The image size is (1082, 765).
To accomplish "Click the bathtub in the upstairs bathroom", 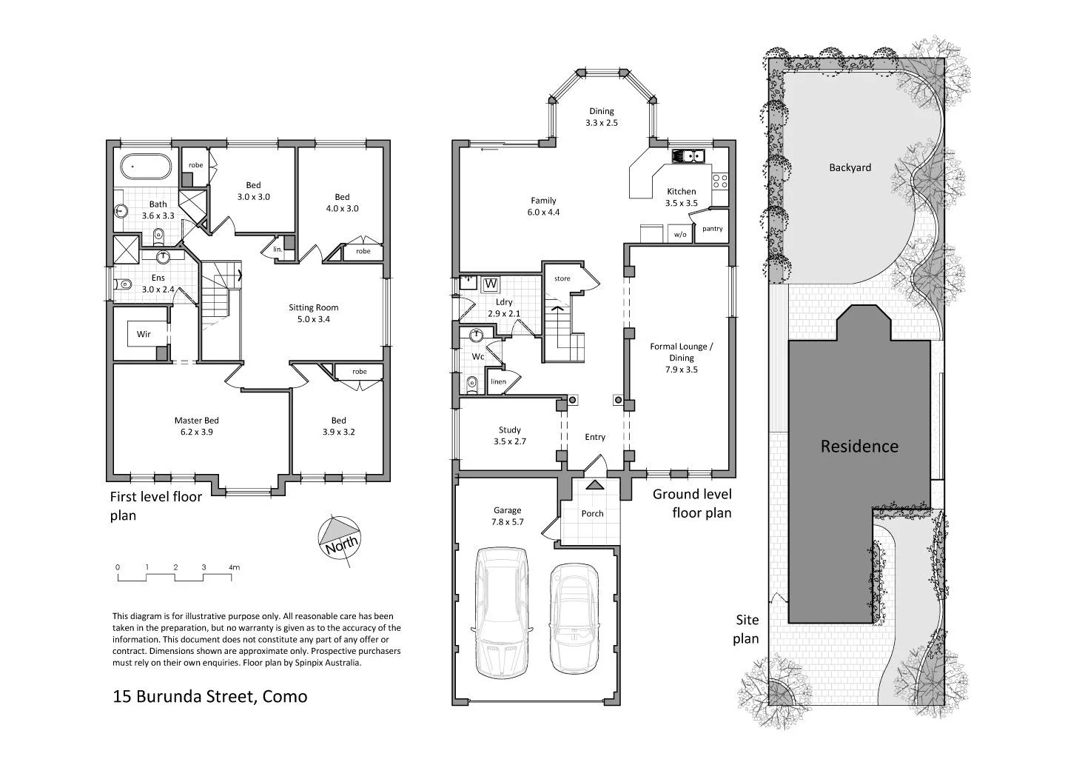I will (147, 167).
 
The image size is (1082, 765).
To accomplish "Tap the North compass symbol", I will (339, 536).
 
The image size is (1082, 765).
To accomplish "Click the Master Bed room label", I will (196, 426).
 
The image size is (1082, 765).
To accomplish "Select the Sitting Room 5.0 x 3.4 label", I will (314, 313).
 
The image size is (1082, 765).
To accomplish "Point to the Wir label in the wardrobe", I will (144, 334).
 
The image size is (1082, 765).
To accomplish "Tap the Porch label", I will (592, 513).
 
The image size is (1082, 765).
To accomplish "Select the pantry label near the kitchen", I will (712, 229).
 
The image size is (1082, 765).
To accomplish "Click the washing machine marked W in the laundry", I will (490, 284).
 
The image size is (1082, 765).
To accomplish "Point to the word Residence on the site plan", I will (859, 447).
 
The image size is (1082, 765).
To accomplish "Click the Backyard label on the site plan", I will (850, 168).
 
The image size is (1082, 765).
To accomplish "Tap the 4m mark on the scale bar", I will (234, 568).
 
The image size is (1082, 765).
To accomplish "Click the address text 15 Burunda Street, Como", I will (209, 696).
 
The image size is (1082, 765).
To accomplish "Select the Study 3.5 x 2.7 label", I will (509, 435).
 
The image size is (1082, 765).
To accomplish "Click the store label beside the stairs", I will (562, 279).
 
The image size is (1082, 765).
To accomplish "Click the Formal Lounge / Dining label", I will (681, 358).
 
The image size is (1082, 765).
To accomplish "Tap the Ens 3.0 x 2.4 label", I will (158, 284).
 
